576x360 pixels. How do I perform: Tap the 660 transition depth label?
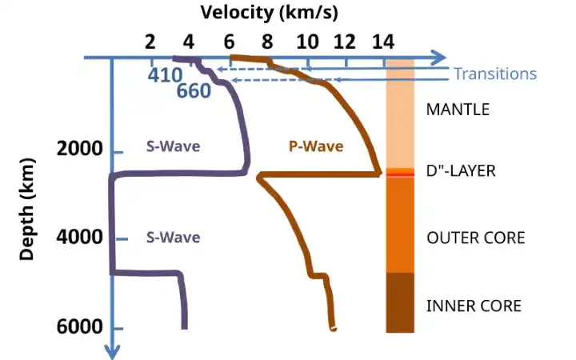193,91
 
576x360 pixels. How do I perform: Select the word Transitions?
494,74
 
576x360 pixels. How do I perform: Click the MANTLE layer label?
458,110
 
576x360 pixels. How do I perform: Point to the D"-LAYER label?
462,171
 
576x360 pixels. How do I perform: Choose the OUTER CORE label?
475,238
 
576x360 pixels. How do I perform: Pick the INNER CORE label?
474,306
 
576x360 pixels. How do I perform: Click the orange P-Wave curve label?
315,146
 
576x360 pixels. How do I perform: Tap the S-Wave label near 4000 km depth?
172,238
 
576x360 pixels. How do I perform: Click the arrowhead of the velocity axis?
440,58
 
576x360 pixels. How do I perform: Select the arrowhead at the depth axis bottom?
112,350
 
